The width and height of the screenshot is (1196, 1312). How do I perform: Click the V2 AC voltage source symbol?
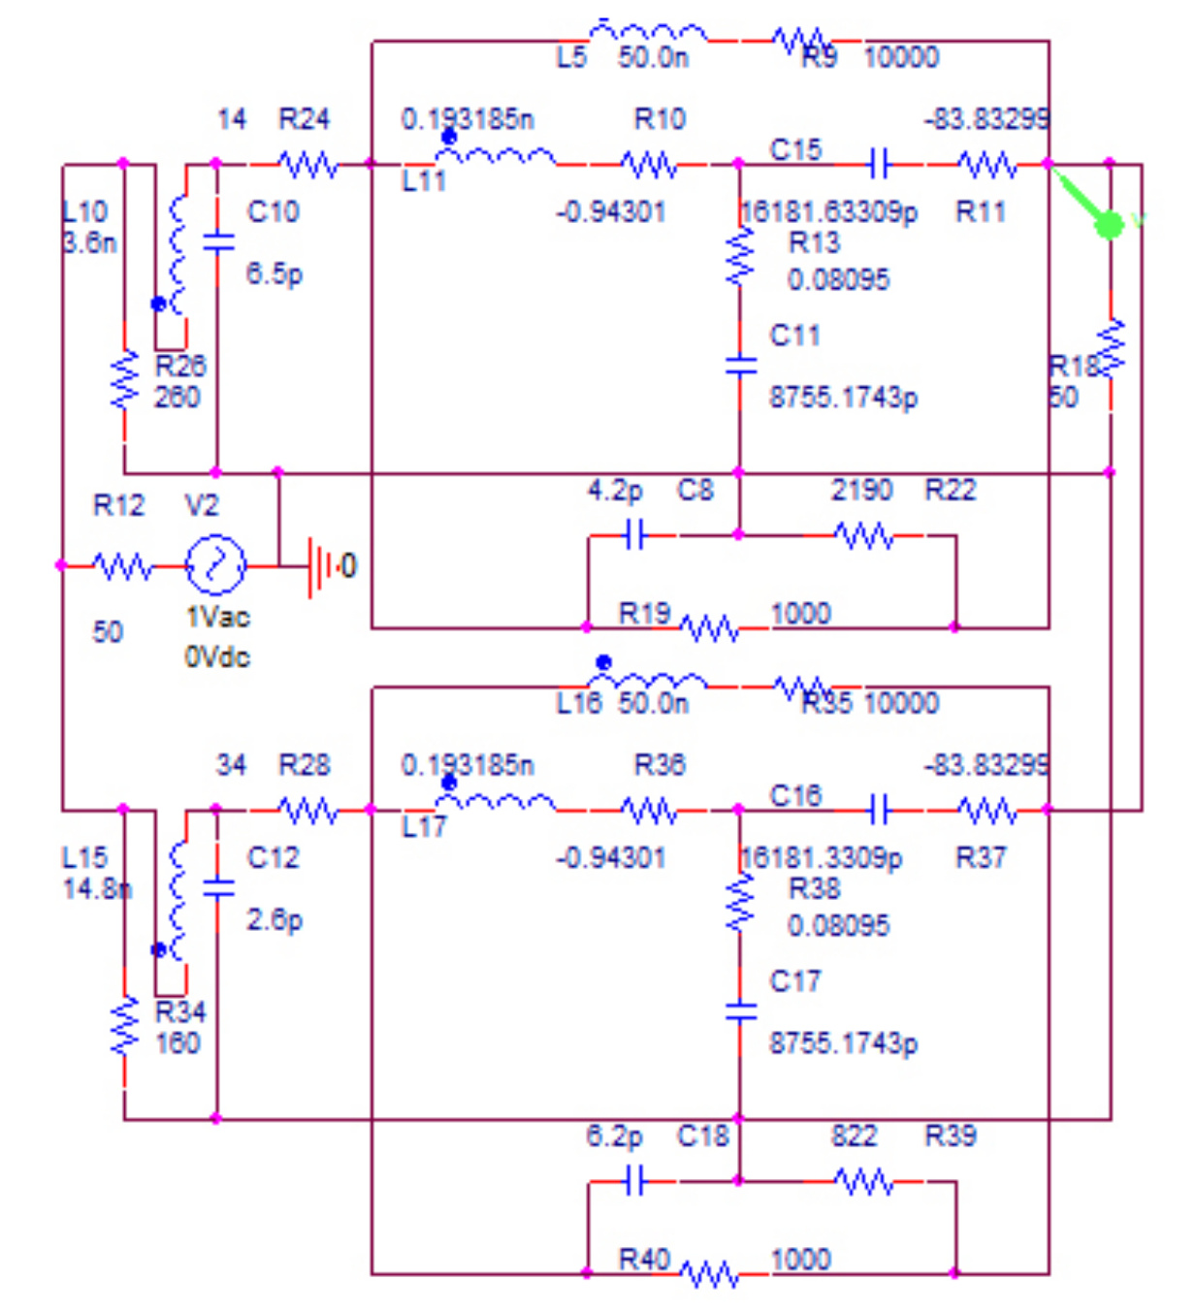click(214, 563)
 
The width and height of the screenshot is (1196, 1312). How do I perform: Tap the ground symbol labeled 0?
click(317, 565)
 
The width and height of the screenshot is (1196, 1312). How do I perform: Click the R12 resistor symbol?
click(122, 565)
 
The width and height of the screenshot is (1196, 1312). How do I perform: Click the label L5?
click(571, 58)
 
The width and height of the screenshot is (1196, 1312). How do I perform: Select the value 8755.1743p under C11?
click(843, 398)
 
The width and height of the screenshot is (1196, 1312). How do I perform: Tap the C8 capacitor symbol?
click(634, 534)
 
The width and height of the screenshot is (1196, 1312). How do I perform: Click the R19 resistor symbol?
click(709, 628)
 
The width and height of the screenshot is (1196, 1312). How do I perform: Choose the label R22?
click(950, 491)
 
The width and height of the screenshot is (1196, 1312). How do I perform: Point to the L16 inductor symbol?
click(647, 682)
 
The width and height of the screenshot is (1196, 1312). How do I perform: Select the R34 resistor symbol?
click(124, 1026)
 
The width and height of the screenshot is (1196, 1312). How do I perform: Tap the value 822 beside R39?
click(854, 1136)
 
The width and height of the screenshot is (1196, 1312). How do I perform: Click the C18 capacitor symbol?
click(634, 1180)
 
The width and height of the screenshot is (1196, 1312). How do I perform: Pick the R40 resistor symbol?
click(709, 1274)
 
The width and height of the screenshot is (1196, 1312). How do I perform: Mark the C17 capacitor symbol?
click(740, 1011)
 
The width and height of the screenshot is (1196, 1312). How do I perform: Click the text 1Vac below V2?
click(217, 618)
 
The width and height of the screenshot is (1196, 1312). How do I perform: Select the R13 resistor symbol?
click(740, 257)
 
